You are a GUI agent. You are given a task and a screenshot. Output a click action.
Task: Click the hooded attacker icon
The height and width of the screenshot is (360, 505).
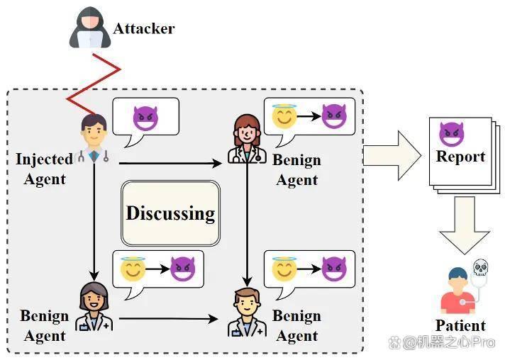coord(90,28)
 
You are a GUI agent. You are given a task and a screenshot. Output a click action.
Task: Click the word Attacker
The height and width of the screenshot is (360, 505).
coord(144,28)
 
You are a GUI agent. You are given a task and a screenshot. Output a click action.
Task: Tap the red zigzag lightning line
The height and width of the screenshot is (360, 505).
coord(94,84)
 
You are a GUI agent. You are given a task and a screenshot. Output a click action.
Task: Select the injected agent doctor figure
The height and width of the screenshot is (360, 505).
coord(94,138)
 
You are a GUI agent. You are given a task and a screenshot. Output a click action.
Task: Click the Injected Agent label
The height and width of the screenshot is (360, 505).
coord(45,169)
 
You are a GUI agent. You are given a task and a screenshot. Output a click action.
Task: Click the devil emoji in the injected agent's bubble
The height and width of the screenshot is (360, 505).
coord(145,118)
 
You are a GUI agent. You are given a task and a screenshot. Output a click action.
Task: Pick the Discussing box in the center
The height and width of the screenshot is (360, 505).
coord(170,213)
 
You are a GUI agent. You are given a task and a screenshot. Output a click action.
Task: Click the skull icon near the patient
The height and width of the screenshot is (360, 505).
coord(480,268)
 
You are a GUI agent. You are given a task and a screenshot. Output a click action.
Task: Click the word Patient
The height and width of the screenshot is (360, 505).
coord(460,325)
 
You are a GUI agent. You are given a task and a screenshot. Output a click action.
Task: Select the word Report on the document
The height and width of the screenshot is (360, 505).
coord(460,157)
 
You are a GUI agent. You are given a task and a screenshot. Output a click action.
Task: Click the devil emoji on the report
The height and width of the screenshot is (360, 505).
coord(452,134)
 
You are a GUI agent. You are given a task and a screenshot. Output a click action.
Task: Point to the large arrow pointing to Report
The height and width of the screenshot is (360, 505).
coord(392,156)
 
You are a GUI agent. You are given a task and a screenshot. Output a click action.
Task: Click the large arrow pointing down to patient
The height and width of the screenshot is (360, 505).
coord(465,225)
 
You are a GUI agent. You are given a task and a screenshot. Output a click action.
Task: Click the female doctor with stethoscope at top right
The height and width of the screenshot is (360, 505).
coord(247,139)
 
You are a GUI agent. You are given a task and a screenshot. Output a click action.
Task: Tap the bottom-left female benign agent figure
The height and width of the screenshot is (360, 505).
coord(94,307)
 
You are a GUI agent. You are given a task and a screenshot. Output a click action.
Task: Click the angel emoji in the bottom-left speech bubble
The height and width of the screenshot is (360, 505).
coord(133,269)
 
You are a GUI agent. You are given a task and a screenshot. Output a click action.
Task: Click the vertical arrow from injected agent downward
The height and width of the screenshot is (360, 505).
coord(94,222)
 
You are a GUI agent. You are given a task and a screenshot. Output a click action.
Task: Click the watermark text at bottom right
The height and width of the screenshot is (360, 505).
coord(442,342)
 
